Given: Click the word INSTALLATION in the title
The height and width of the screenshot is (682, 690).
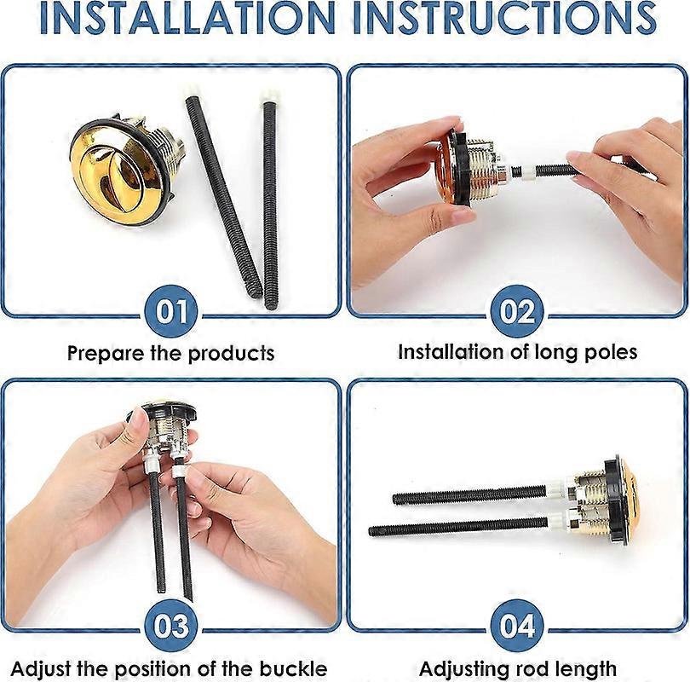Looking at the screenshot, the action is [187, 18].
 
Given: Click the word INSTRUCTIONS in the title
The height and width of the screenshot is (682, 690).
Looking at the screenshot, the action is [504, 18].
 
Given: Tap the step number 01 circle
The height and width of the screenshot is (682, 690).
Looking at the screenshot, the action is [170, 311].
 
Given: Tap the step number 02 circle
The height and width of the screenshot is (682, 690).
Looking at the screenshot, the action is [518, 311].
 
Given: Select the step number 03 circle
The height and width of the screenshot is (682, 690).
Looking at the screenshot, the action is [170, 625].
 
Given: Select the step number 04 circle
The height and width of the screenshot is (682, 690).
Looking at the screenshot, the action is [518, 625].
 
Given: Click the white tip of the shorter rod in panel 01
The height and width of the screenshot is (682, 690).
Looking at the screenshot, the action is [269, 96].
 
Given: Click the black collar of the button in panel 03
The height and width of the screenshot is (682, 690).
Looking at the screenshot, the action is [161, 413].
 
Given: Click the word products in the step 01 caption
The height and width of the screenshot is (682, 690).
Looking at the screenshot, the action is [233, 354].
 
